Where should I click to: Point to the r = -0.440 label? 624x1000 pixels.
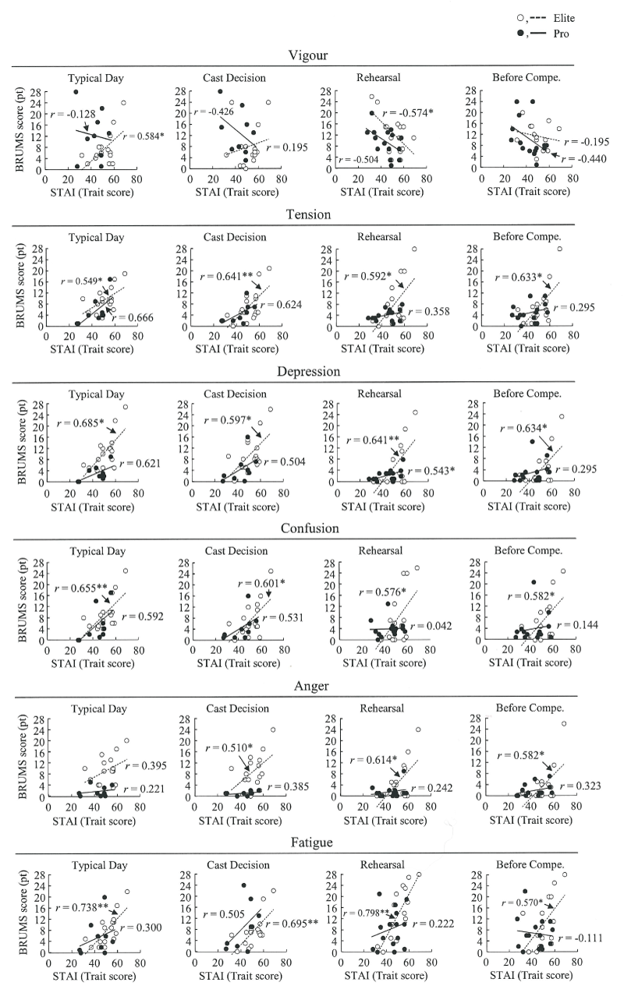pos(584,157)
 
